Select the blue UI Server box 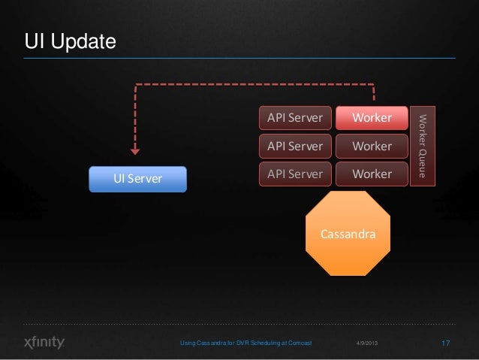tap(137, 179)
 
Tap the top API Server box tap(295, 118)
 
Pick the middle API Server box tap(295, 146)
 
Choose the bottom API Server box tap(295, 174)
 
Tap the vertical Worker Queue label tap(423, 145)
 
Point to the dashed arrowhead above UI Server tap(135, 149)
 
